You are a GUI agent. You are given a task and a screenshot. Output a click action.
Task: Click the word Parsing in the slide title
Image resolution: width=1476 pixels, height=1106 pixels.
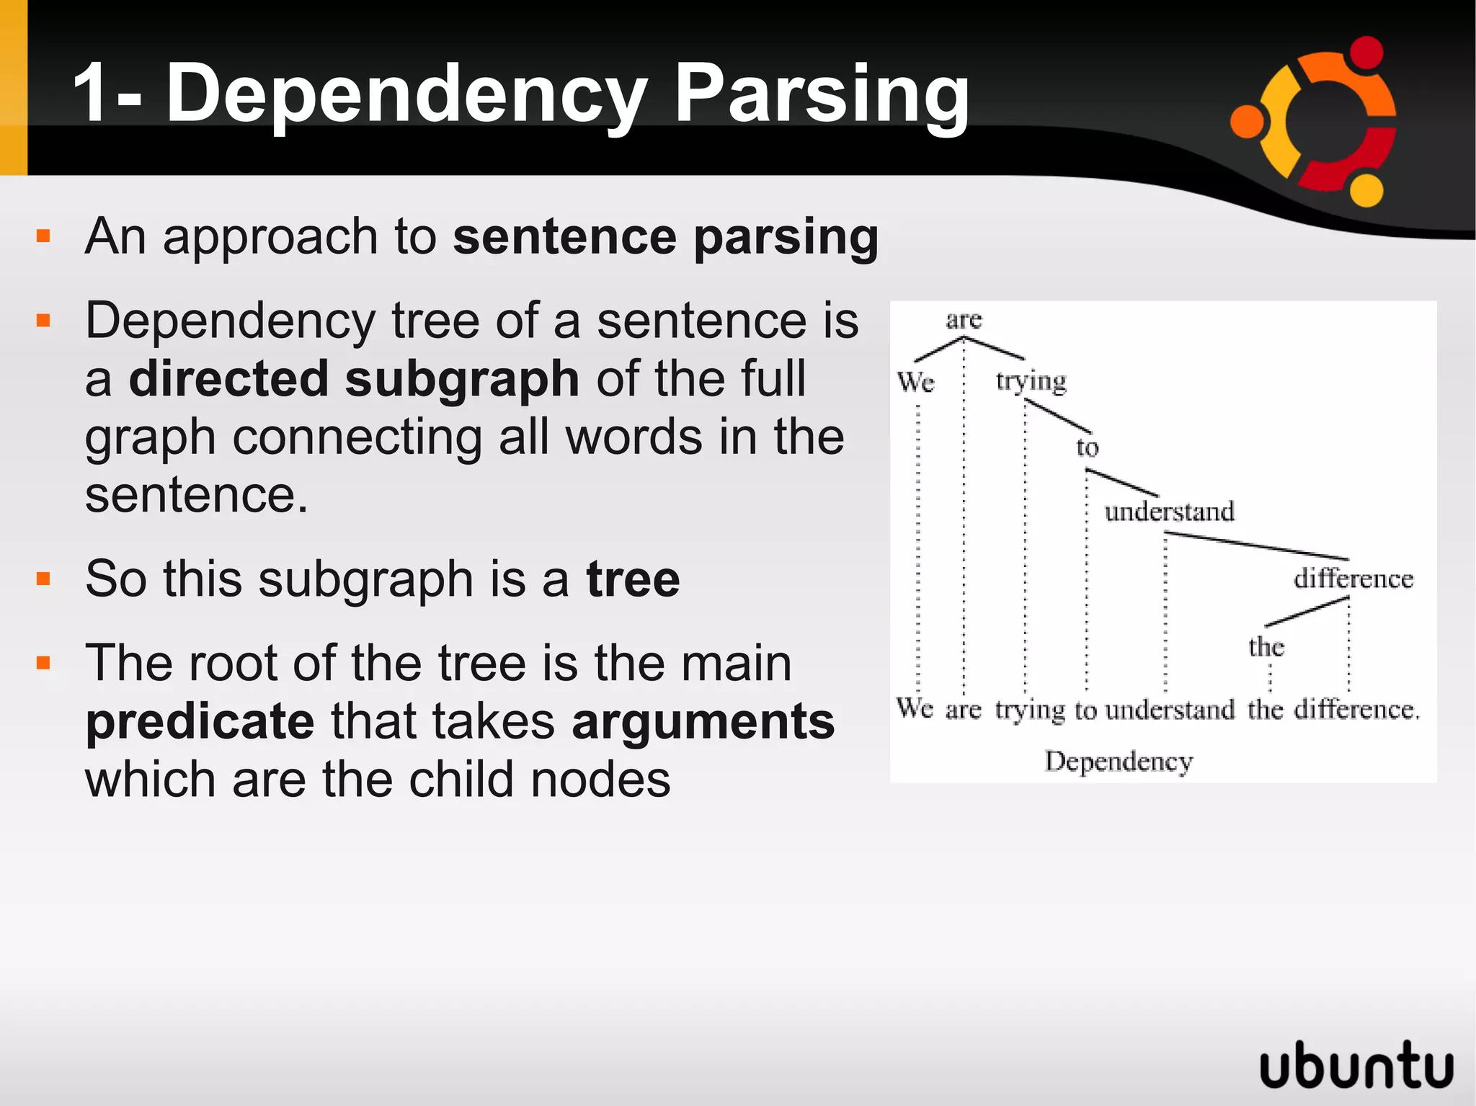pos(821,94)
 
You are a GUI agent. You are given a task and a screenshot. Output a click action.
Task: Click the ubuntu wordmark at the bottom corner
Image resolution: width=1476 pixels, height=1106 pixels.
pos(1356,1064)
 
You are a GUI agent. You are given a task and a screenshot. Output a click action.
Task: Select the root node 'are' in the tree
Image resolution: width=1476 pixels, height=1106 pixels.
pos(964,319)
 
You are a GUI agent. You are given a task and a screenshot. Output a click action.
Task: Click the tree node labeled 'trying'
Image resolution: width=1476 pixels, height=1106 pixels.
pos(1031,380)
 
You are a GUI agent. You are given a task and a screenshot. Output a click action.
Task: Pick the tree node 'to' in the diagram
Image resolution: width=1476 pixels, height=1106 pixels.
pos(1087,447)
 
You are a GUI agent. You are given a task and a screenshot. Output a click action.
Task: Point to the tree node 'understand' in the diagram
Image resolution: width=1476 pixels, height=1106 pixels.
pos(1169,512)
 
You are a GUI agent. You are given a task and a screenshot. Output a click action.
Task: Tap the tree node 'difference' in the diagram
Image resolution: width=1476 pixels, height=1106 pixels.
pos(1353,579)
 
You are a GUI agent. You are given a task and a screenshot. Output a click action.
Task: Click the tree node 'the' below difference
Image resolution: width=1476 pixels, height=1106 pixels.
pos(1266,646)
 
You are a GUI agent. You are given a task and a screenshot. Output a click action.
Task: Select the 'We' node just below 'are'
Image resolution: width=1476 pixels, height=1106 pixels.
pos(915,381)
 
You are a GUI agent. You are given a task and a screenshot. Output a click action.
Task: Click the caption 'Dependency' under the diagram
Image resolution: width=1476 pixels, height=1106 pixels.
pos(1119,761)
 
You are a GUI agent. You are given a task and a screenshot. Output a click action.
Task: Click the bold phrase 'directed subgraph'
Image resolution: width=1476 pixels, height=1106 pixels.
pos(353,380)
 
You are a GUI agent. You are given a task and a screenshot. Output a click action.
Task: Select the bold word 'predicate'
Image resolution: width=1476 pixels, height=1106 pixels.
pos(200,721)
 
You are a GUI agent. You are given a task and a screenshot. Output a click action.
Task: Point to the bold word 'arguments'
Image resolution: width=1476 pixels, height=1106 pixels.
pos(703,721)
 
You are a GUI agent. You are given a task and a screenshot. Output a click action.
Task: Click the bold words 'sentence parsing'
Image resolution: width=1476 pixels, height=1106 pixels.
pos(665,237)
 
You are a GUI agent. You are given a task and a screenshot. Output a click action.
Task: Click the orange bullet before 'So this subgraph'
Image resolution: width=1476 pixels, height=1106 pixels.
pos(43,579)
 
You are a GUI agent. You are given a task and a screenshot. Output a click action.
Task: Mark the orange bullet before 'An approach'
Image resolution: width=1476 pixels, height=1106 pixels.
pos(43,236)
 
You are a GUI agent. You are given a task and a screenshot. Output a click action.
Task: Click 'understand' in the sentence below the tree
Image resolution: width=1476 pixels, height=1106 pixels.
pos(1169,710)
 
